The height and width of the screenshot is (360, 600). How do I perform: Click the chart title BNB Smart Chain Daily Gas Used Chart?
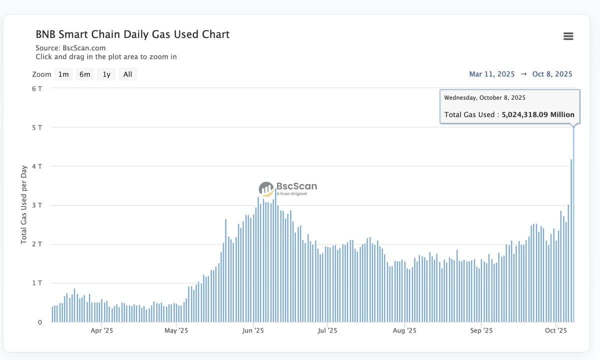click(x=132, y=34)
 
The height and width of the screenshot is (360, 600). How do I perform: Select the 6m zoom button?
click(x=85, y=74)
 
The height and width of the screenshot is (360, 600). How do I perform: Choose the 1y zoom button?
click(x=106, y=74)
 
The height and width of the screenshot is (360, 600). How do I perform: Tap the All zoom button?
click(x=127, y=74)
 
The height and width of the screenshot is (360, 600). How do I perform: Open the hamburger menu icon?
click(x=568, y=36)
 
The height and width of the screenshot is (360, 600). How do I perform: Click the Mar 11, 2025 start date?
click(x=491, y=74)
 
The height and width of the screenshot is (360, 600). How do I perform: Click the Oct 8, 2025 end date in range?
click(x=552, y=74)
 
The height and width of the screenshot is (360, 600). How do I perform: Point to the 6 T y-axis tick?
click(x=37, y=88)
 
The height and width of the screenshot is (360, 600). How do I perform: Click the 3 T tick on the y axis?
click(x=37, y=205)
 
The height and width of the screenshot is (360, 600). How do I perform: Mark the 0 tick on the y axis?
click(x=40, y=322)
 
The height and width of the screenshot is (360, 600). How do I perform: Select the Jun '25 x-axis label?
click(x=252, y=330)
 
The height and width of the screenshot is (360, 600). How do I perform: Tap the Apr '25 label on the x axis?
click(x=102, y=330)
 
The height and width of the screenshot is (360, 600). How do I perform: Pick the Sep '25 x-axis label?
click(x=481, y=330)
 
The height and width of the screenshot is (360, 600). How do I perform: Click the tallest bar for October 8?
click(x=573, y=225)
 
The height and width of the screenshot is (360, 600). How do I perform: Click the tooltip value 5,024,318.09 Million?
click(x=538, y=114)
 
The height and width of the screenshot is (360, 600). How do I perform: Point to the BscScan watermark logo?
click(x=287, y=188)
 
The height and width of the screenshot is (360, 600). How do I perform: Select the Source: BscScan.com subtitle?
click(x=70, y=48)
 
